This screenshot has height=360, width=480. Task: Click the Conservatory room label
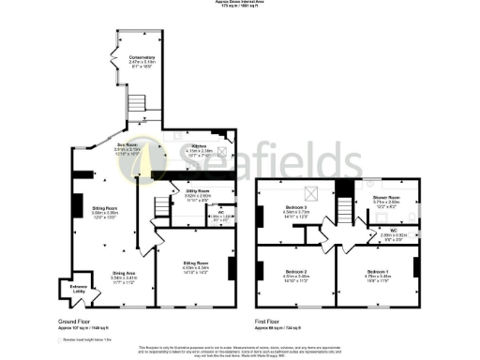(x=142, y=57)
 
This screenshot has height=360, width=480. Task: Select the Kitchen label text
(x=199, y=146)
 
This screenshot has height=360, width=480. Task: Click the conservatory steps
(x=139, y=102)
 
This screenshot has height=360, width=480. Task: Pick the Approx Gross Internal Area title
(x=239, y=3)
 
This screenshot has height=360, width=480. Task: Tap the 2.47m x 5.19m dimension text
(x=142, y=63)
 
